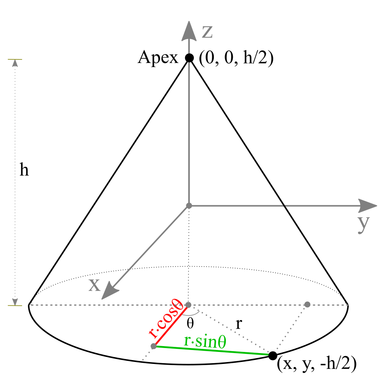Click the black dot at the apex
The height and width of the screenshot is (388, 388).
(189, 58)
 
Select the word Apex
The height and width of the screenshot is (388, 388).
(158, 58)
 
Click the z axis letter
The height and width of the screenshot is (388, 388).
(207, 33)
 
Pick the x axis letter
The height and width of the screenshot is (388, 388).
(94, 285)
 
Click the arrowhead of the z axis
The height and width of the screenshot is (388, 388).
(189, 29)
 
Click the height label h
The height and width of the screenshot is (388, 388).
(24, 171)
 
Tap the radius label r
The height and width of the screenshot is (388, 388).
(239, 324)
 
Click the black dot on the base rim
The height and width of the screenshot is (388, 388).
(273, 355)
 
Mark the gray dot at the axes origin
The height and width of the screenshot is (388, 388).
(189, 205)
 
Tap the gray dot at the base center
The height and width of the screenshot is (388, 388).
(189, 305)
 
